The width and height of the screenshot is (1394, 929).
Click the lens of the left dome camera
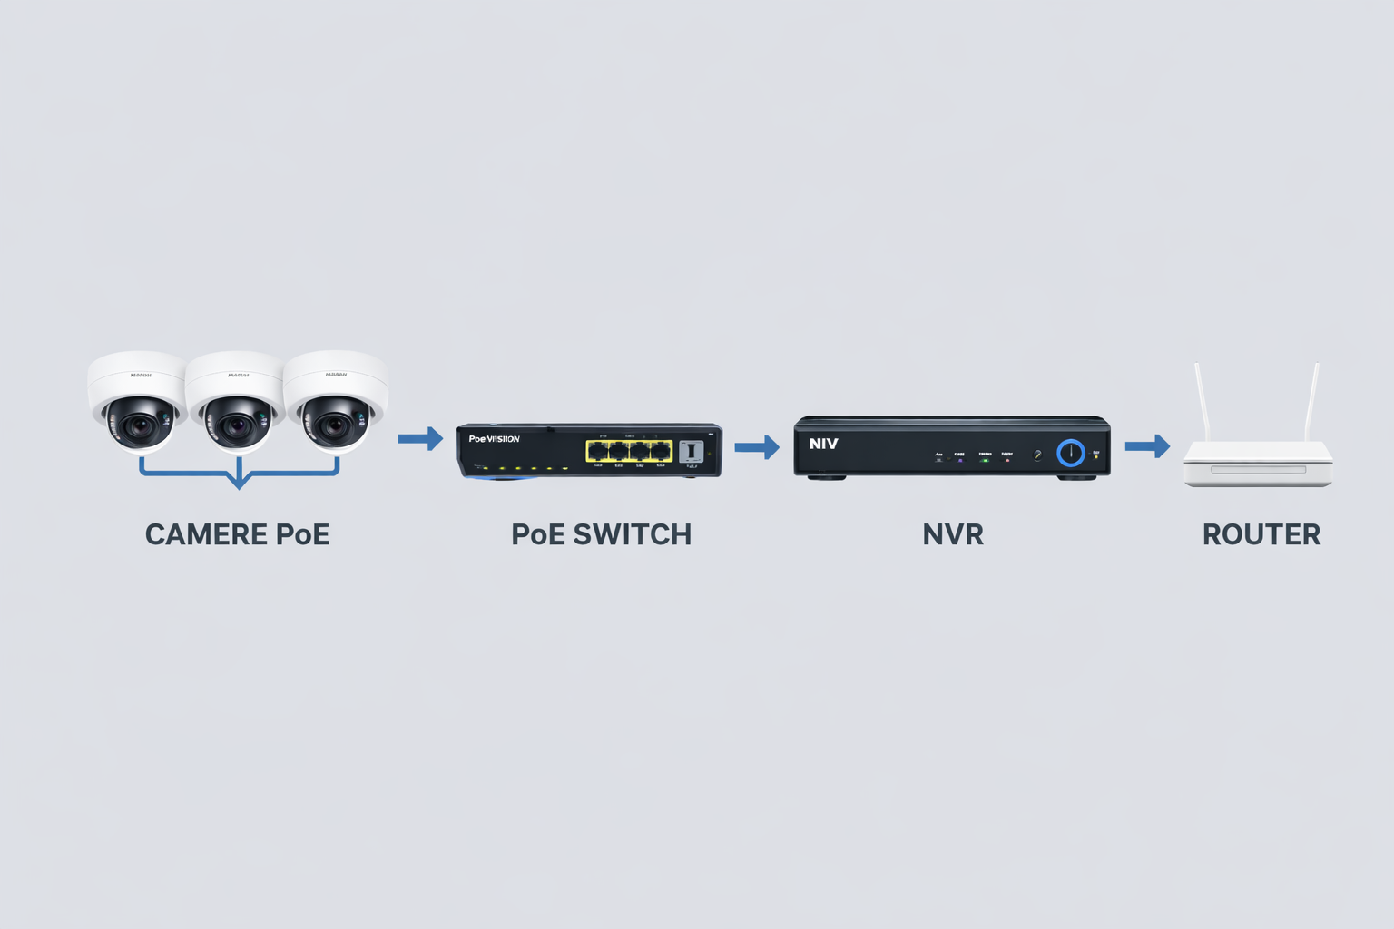(x=139, y=425)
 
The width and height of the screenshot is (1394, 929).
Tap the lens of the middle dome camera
(x=237, y=425)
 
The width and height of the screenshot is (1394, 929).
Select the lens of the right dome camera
(x=335, y=425)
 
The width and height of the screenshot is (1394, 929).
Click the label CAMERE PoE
(x=237, y=534)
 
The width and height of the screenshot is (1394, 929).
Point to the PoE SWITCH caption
(x=601, y=534)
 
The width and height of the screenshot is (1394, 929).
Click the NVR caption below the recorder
(x=952, y=534)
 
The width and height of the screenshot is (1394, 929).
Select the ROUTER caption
(x=1261, y=534)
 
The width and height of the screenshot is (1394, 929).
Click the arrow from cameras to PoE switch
(x=420, y=439)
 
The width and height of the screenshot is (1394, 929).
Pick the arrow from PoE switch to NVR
(x=757, y=446)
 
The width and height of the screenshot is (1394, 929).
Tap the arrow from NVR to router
(x=1147, y=446)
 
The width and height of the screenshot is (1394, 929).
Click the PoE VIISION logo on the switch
(x=494, y=439)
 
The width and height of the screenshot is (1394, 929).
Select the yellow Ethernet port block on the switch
(x=629, y=451)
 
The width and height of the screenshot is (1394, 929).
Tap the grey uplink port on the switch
(x=691, y=451)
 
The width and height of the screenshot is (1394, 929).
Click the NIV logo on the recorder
(x=823, y=444)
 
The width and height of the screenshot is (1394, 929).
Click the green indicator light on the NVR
(x=986, y=460)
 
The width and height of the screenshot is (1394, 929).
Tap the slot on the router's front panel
(x=1258, y=469)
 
